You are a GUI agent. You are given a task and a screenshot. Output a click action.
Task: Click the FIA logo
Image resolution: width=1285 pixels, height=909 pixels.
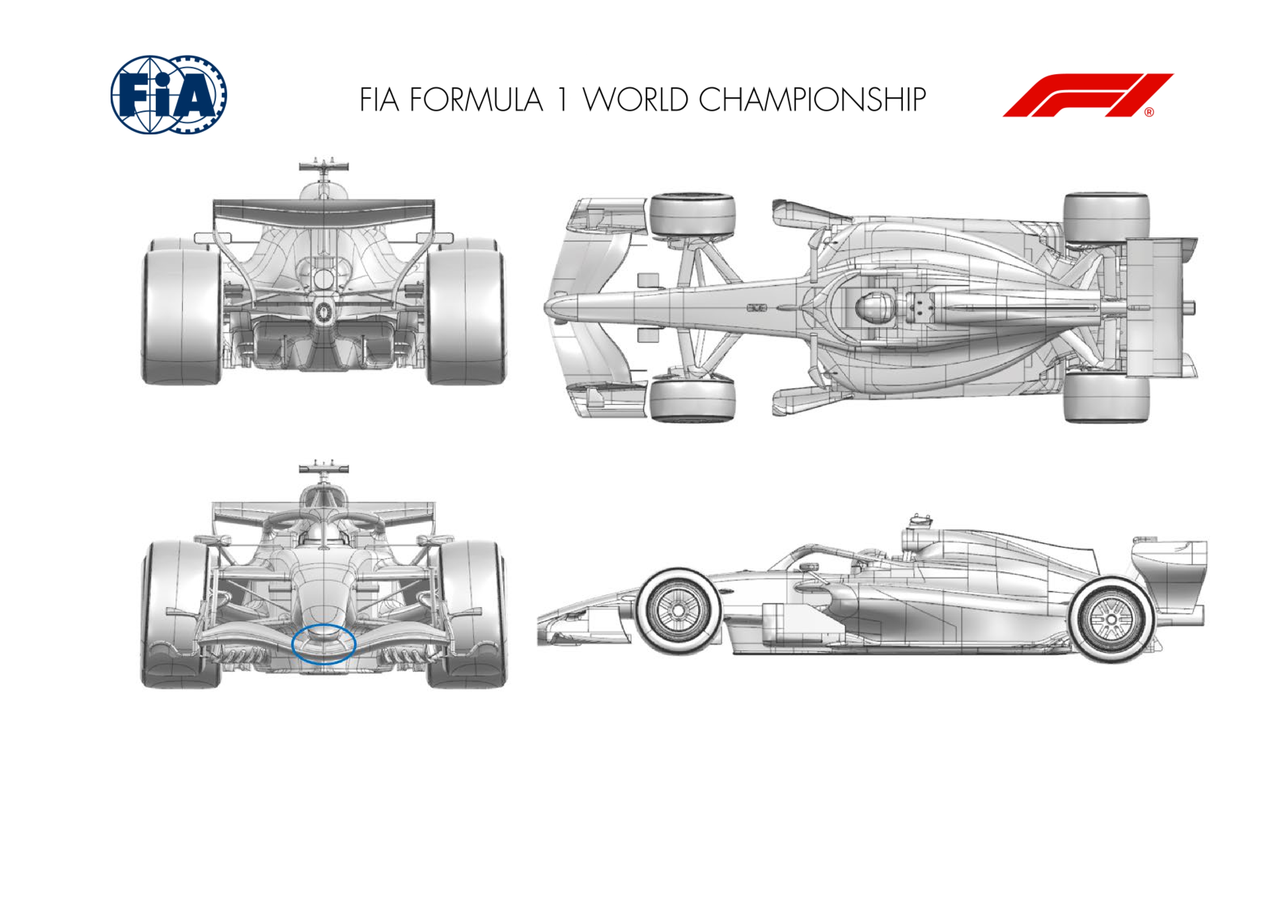pyautogui.click(x=168, y=95)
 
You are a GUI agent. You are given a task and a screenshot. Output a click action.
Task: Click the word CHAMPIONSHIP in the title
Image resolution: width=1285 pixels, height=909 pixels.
pyautogui.click(x=812, y=100)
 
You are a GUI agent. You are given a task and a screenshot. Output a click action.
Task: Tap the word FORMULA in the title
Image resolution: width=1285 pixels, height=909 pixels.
pyautogui.click(x=476, y=100)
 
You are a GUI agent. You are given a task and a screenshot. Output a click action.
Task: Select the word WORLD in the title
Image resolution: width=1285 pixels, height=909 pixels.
pyautogui.click(x=635, y=100)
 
